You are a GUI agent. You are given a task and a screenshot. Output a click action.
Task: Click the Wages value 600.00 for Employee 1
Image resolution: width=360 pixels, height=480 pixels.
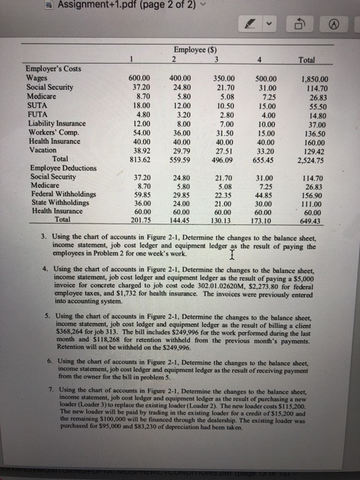pyautogui.click(x=140, y=77)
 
